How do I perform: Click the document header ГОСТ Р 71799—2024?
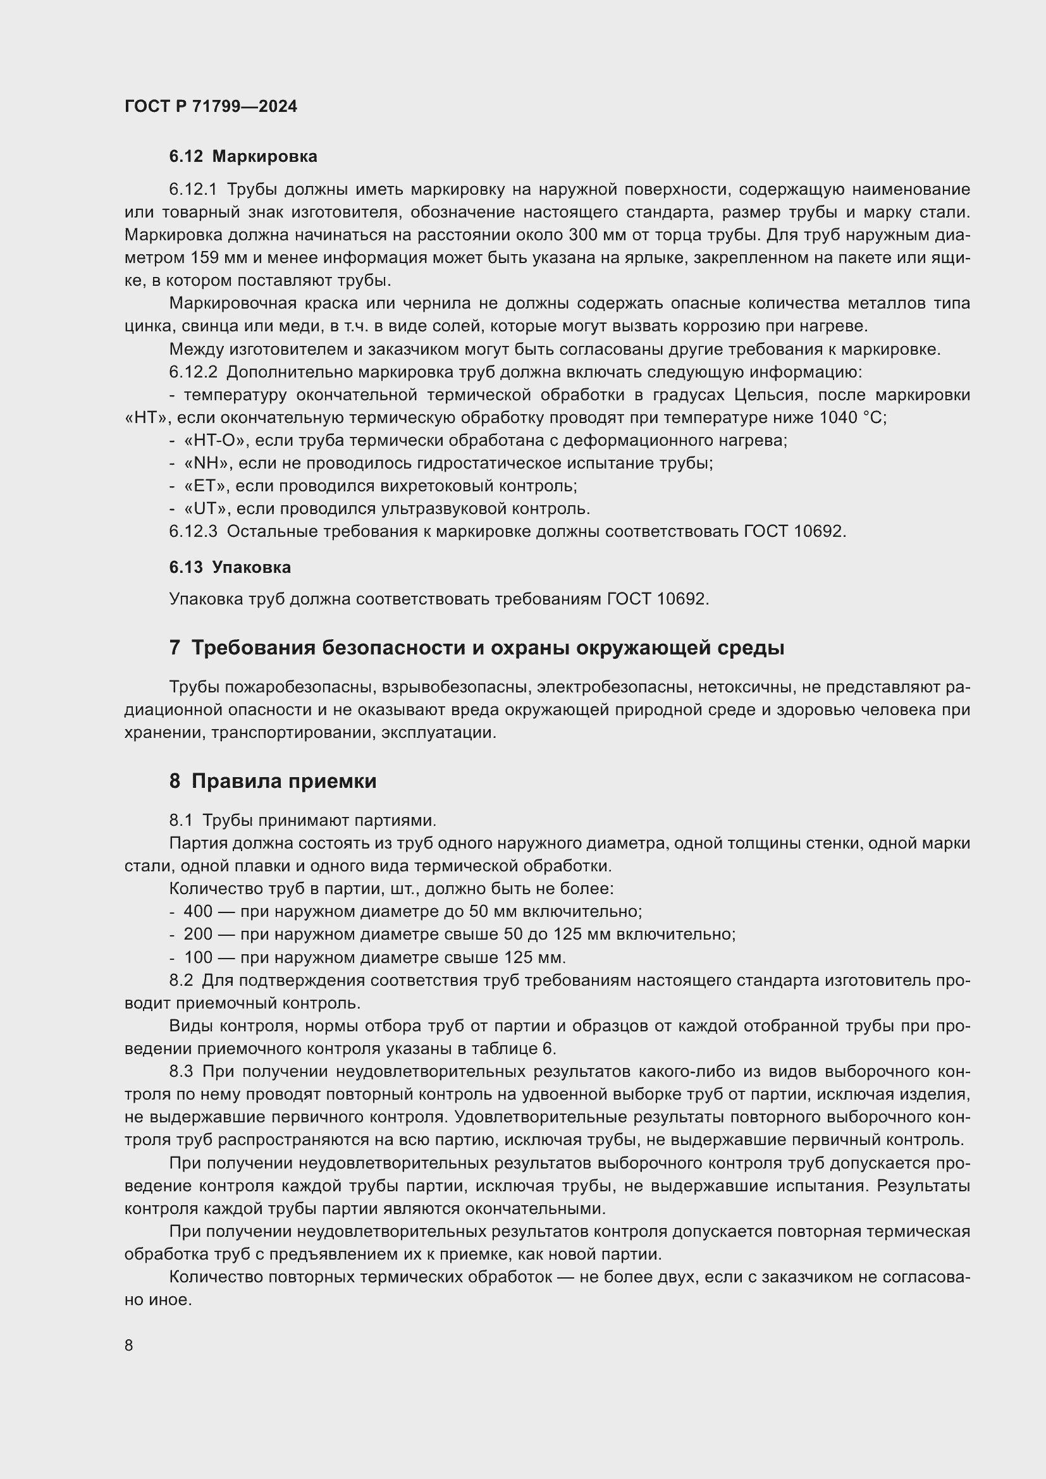point(211,107)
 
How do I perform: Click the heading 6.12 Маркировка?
point(243,157)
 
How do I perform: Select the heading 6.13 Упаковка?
point(230,567)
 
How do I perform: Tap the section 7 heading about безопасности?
point(477,647)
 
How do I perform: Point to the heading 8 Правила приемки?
point(273,782)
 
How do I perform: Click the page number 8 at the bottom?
point(129,1346)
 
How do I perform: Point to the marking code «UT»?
point(207,509)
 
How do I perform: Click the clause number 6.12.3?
point(194,531)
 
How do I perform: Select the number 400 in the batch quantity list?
point(198,912)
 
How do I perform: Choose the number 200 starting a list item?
point(198,934)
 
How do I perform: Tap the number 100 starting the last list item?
point(198,957)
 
